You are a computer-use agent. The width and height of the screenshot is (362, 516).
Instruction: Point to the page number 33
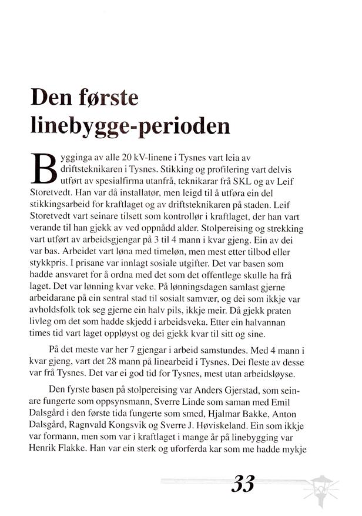243,483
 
